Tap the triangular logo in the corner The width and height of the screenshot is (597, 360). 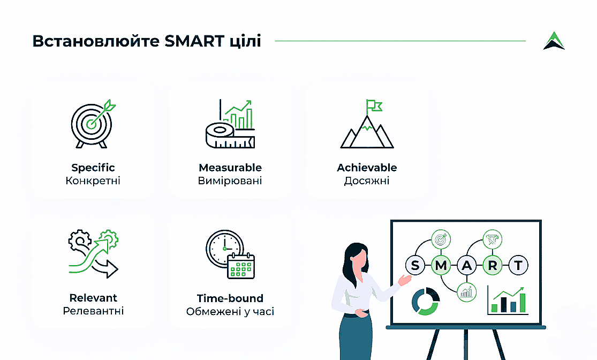[554, 41]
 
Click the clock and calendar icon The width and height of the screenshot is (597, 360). [230, 254]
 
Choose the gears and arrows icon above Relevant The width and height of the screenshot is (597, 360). [94, 254]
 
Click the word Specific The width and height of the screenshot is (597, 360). [93, 168]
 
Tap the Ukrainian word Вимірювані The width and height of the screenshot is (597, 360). [230, 181]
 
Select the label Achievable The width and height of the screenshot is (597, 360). [367, 168]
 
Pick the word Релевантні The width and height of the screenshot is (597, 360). [93, 311]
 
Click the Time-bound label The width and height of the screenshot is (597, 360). [230, 298]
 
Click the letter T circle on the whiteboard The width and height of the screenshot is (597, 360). [518, 265]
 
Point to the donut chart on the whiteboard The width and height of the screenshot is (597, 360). [426, 301]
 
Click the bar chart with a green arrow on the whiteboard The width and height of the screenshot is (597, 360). [508, 300]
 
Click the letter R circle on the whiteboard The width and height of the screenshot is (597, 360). [493, 265]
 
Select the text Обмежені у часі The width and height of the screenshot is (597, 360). [230, 311]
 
